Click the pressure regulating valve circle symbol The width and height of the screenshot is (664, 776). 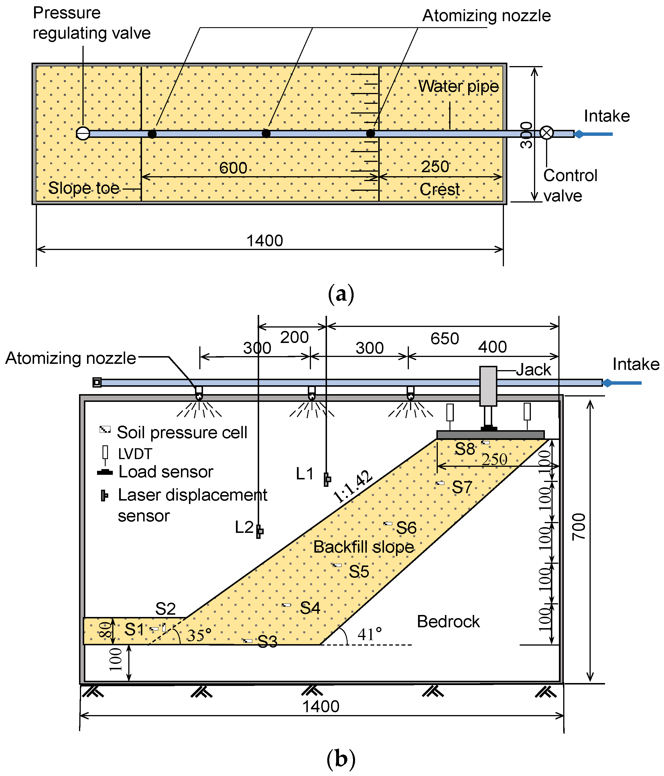83,133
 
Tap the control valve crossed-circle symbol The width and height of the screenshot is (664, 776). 546,133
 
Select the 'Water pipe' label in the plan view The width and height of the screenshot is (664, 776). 458,86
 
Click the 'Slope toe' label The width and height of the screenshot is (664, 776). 84,188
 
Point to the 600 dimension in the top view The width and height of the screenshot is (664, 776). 233,168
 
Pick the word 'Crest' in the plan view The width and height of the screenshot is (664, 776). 440,190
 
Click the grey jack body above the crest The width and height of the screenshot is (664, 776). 488,386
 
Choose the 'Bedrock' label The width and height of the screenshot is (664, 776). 448,622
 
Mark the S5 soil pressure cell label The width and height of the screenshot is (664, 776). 359,571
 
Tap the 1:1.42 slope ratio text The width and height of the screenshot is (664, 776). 353,487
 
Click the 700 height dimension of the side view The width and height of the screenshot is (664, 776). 578,527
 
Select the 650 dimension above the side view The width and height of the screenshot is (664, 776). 445,339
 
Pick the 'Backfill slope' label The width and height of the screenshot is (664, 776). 364,547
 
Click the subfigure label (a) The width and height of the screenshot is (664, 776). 341,294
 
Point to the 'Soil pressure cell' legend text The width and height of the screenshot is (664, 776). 182,432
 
